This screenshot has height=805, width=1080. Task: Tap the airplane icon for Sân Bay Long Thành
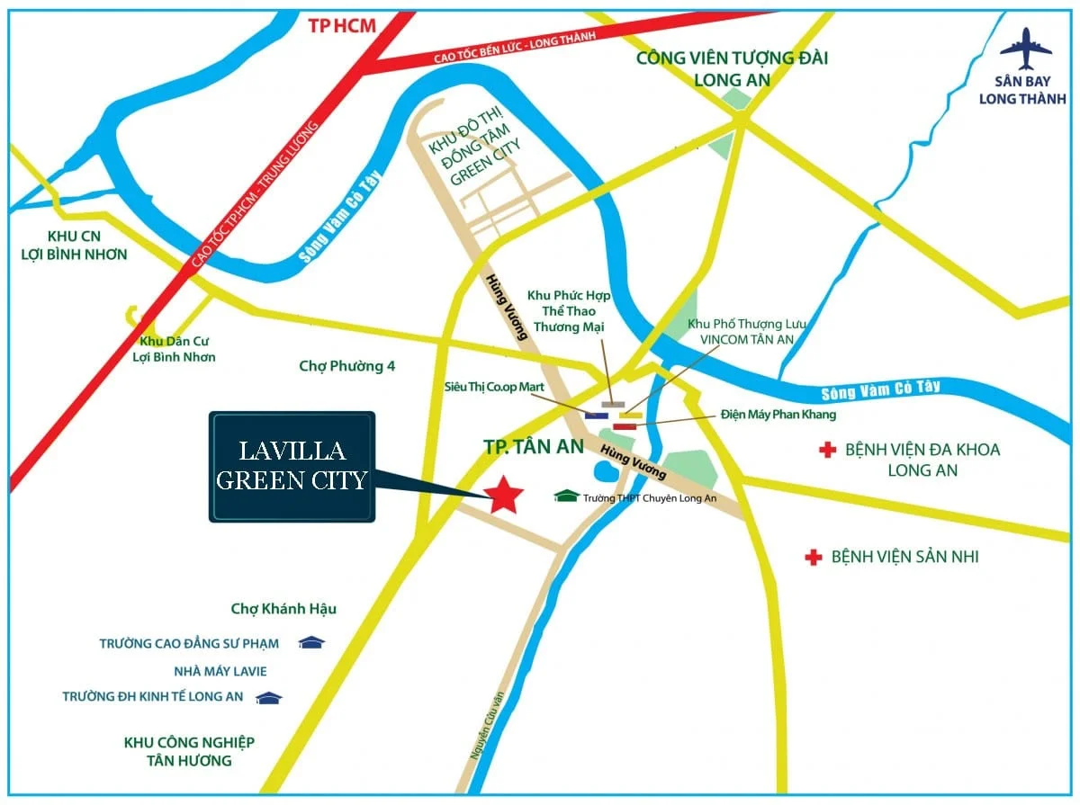point(1024,49)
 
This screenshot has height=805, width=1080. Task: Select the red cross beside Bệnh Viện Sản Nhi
point(814,558)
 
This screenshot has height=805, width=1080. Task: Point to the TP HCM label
point(342,26)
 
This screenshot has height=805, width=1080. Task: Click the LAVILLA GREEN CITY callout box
point(292,467)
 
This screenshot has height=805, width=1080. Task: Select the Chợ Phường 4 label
point(346,366)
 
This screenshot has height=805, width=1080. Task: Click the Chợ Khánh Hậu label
point(283,609)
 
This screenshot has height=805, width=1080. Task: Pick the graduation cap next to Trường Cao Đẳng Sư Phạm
point(311,642)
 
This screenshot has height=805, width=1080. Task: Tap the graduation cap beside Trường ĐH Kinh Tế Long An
point(268,697)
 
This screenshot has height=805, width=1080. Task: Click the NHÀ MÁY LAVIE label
point(220,671)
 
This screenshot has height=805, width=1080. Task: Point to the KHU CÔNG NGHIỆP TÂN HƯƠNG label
point(189,751)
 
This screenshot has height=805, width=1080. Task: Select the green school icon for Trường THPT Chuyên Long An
point(566,496)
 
